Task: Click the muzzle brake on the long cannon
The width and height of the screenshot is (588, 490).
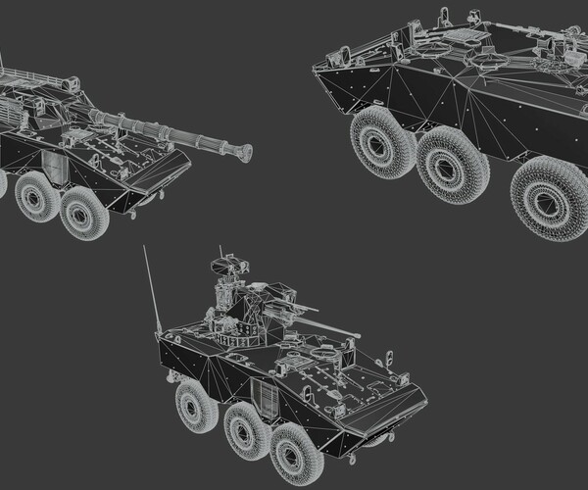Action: pyautogui.click(x=238, y=152)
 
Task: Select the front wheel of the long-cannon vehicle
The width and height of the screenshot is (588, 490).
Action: pyautogui.click(x=84, y=213)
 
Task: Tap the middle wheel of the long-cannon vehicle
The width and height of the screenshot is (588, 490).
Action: pyautogui.click(x=37, y=196)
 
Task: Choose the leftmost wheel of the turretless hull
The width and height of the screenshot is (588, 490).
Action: pyautogui.click(x=382, y=142)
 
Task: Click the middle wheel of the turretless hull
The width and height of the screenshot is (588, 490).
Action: pyautogui.click(x=453, y=164)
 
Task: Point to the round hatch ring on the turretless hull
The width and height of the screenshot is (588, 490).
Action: pyautogui.click(x=488, y=61)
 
